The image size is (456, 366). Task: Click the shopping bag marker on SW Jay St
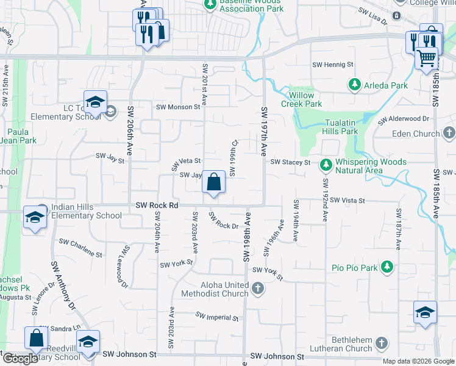[213, 182]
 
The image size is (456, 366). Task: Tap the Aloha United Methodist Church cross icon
[257, 287]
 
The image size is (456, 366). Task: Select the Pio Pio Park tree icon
[387, 267]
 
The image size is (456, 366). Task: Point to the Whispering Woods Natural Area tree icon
[326, 163]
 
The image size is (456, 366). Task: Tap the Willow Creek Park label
[297, 99]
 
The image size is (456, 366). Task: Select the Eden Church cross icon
[449, 133]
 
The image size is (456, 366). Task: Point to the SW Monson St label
[178, 107]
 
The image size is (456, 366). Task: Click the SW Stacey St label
[290, 162]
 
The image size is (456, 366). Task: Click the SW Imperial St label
[217, 317]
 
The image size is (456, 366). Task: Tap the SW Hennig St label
[333, 64]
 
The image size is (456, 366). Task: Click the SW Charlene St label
[80, 247]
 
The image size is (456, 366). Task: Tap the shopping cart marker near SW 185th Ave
[427, 59]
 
